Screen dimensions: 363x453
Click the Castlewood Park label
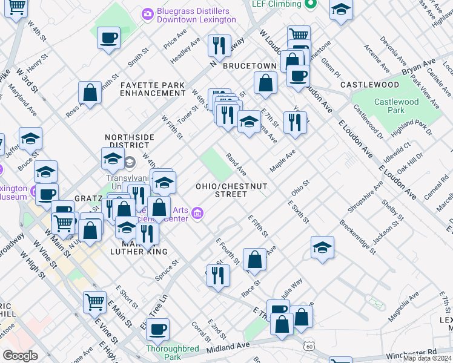(396, 106)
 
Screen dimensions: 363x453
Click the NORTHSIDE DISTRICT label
(127, 141)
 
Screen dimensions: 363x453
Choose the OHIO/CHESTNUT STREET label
(222, 189)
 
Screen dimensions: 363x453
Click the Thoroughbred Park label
(173, 353)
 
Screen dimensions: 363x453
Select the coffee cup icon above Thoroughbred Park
(157, 329)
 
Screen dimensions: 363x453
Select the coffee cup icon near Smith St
(108, 38)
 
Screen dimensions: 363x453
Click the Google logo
(21, 356)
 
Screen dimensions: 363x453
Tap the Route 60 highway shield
(309, 346)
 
